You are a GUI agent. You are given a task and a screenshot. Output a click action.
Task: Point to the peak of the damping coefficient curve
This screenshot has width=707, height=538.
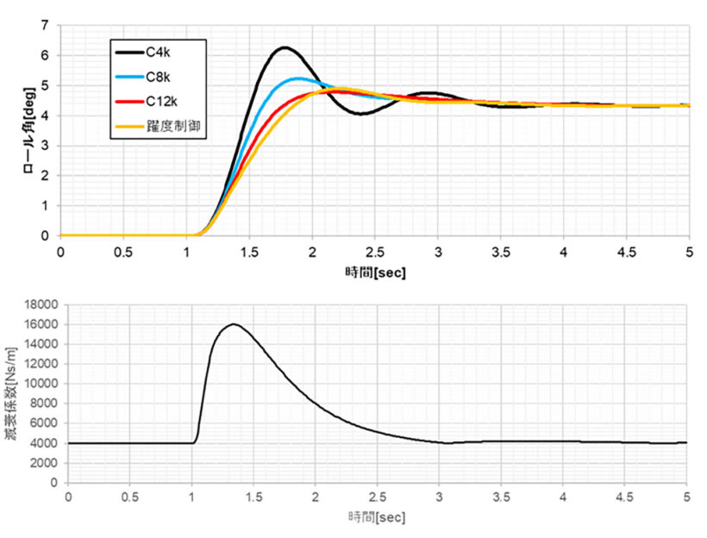point(233,324)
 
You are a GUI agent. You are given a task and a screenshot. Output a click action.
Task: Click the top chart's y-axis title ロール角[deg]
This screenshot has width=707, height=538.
point(29,130)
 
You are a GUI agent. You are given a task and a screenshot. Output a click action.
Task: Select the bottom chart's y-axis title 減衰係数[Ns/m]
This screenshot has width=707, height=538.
point(12,393)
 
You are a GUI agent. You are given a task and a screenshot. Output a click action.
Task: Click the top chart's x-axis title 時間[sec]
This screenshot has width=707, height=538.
point(375,272)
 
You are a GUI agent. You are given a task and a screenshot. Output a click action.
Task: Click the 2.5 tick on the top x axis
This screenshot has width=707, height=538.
point(375,251)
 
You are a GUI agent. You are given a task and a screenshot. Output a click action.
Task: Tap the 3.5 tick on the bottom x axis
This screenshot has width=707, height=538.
point(501,497)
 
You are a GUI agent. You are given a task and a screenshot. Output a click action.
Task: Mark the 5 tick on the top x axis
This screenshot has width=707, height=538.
point(689,251)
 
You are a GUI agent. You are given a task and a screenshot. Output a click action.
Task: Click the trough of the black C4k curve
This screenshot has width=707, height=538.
point(360,113)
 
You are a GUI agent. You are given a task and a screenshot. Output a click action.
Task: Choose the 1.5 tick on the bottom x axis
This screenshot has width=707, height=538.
point(253,497)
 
